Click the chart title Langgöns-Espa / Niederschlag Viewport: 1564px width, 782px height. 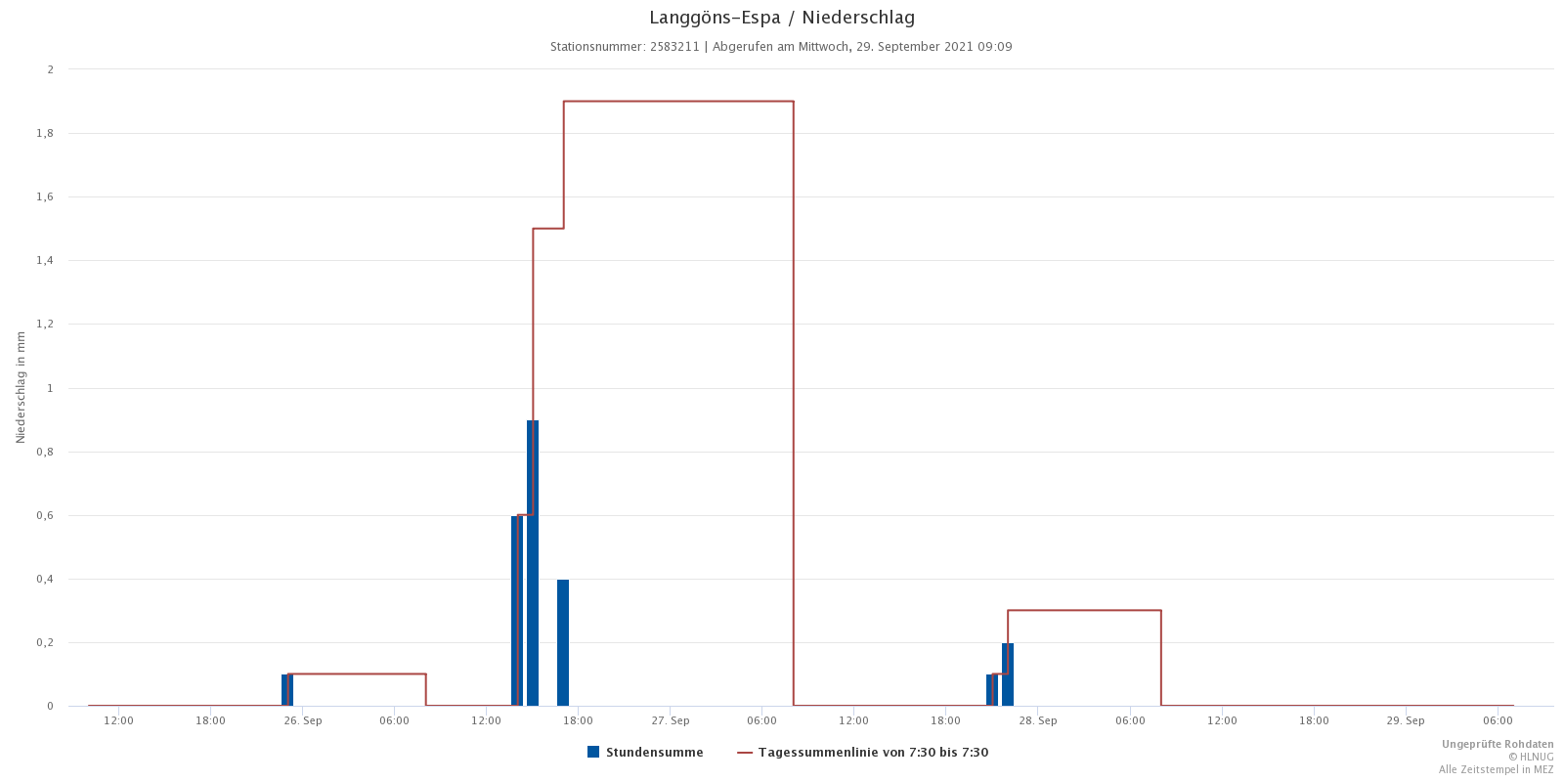coord(782,18)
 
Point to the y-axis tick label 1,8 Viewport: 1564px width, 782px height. coord(45,133)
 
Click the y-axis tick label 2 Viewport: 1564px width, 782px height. coord(50,69)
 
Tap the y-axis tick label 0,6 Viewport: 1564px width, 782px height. coord(45,515)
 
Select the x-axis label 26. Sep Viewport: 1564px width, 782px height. coord(303,721)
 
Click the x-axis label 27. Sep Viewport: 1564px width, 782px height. coord(671,721)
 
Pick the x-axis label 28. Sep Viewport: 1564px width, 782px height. coord(1038,721)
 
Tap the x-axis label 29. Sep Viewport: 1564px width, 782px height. coord(1406,721)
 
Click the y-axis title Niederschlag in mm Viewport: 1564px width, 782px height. coord(21,387)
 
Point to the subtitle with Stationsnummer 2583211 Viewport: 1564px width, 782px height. coord(781,47)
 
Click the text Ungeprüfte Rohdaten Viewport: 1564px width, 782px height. coord(1497,745)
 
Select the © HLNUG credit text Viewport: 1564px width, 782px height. coord(1530,757)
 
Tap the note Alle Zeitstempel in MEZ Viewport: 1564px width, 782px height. coord(1496,769)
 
